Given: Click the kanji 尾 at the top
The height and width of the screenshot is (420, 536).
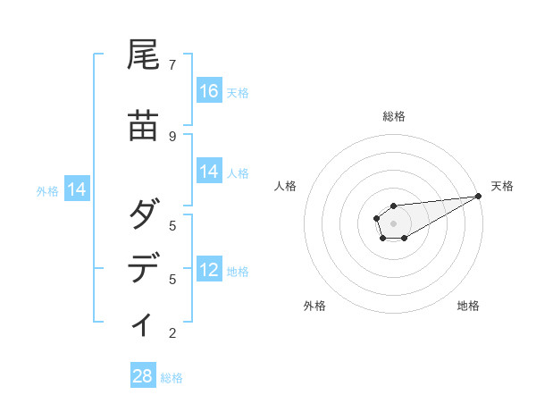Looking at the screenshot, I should click(144, 56).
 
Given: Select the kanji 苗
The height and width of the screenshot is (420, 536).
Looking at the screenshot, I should click(144, 126).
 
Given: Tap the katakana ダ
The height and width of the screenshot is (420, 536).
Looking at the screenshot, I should click(144, 215).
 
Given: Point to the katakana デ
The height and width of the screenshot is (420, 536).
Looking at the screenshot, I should click(144, 269).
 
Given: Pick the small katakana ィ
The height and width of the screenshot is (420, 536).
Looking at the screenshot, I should click(143, 324).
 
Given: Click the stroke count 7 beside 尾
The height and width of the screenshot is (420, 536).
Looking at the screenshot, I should click(172, 64).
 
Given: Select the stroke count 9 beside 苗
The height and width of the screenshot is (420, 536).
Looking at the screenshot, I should click(172, 136).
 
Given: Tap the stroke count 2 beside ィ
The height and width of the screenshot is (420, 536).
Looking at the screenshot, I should click(172, 333).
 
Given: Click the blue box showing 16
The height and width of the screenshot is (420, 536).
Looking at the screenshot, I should click(209, 91).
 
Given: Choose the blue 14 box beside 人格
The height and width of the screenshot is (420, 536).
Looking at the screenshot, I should click(209, 172).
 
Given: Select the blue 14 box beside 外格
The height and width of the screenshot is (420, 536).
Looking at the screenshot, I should click(77, 189).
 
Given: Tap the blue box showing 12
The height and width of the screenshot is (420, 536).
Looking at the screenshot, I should click(209, 270).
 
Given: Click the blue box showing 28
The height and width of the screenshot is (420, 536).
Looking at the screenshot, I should click(143, 376).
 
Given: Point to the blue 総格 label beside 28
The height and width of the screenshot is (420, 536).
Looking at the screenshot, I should click(172, 378).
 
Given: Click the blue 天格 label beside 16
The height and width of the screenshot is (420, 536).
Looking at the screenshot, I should click(238, 92).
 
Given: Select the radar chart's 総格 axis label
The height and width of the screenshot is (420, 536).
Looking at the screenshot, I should click(393, 116).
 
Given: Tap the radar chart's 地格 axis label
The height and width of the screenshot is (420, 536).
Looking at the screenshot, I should click(468, 306).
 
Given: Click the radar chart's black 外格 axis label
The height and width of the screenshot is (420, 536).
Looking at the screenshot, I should click(314, 306).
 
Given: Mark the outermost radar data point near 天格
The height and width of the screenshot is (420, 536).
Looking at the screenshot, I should click(478, 197).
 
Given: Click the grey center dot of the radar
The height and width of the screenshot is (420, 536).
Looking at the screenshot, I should click(393, 223).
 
